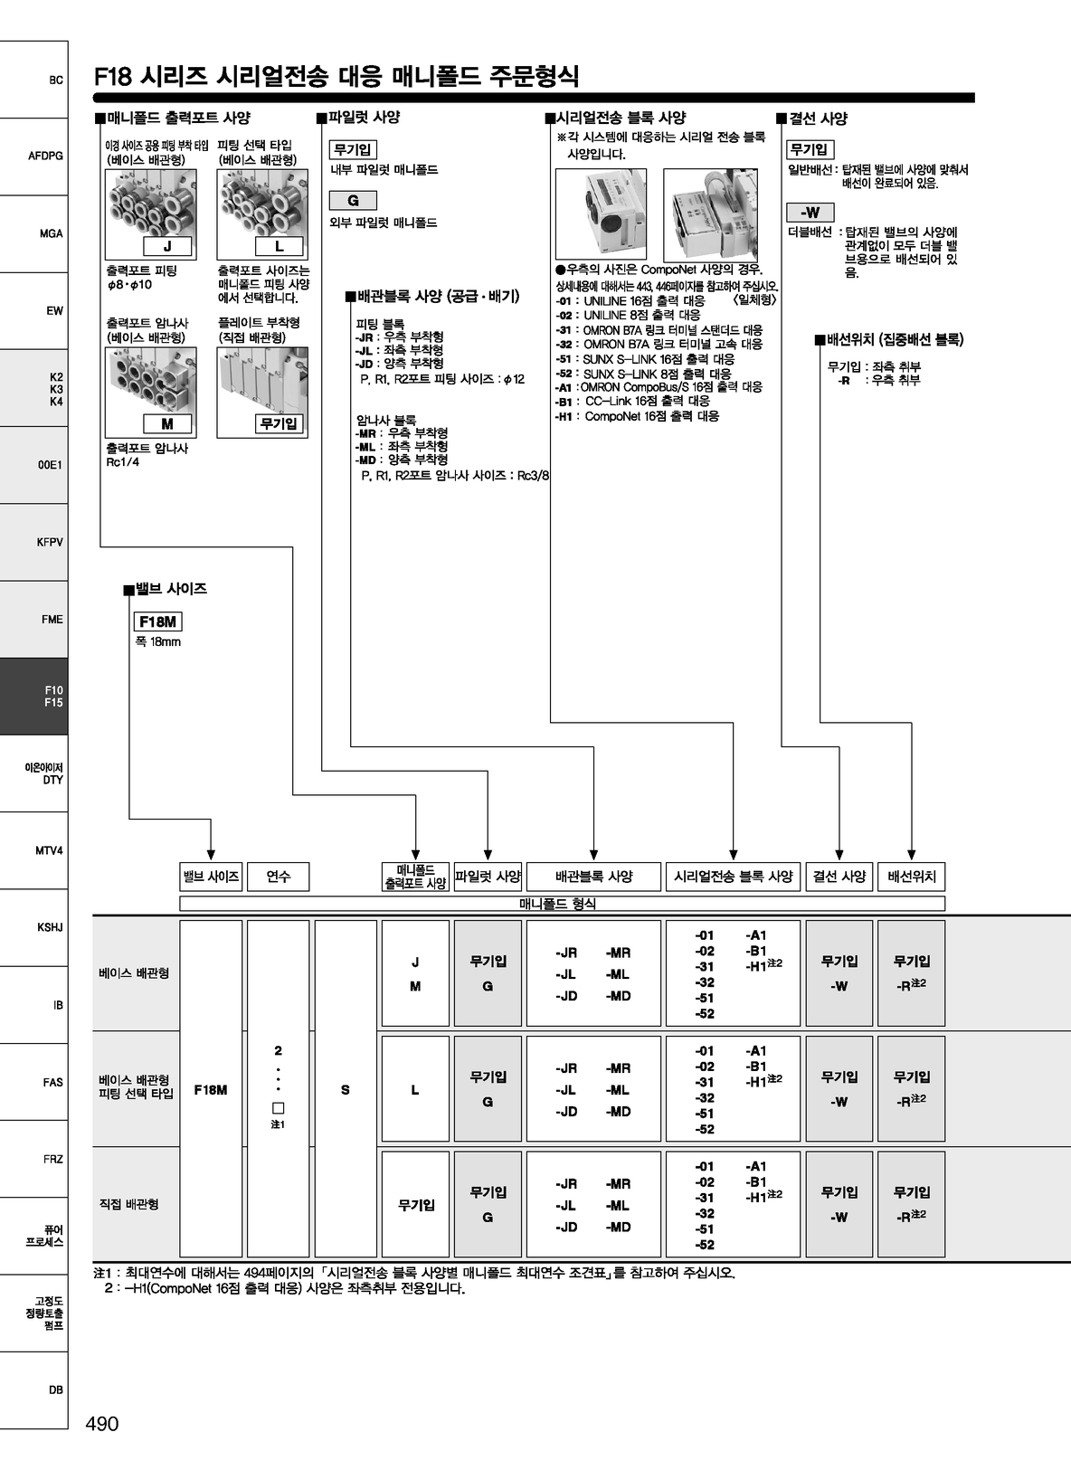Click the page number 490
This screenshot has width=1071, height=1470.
point(102,1423)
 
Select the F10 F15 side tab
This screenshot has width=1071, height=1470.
point(33,697)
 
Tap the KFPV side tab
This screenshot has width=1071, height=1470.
point(33,542)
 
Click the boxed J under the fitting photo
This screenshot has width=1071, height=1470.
point(167,246)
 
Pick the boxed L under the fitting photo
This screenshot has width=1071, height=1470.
point(279,246)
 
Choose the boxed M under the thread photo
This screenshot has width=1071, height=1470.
point(167,424)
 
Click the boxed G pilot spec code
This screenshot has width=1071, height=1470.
point(353,200)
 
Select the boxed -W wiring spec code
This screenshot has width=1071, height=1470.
point(810,213)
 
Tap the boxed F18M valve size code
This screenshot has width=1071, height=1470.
point(158,621)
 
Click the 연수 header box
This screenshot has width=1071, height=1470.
point(279,876)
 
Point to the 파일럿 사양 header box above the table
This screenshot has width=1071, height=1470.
point(488,876)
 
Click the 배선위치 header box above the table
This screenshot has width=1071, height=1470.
point(912,876)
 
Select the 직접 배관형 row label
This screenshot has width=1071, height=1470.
point(128,1204)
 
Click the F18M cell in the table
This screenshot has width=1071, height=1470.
point(211,1090)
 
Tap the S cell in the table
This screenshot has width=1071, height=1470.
point(346,1090)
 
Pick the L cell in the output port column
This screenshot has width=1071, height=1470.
point(415,1090)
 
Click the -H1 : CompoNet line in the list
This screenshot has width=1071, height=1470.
point(637,416)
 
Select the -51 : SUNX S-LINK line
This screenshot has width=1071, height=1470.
point(645,359)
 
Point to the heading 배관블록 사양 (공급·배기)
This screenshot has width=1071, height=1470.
point(433,296)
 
